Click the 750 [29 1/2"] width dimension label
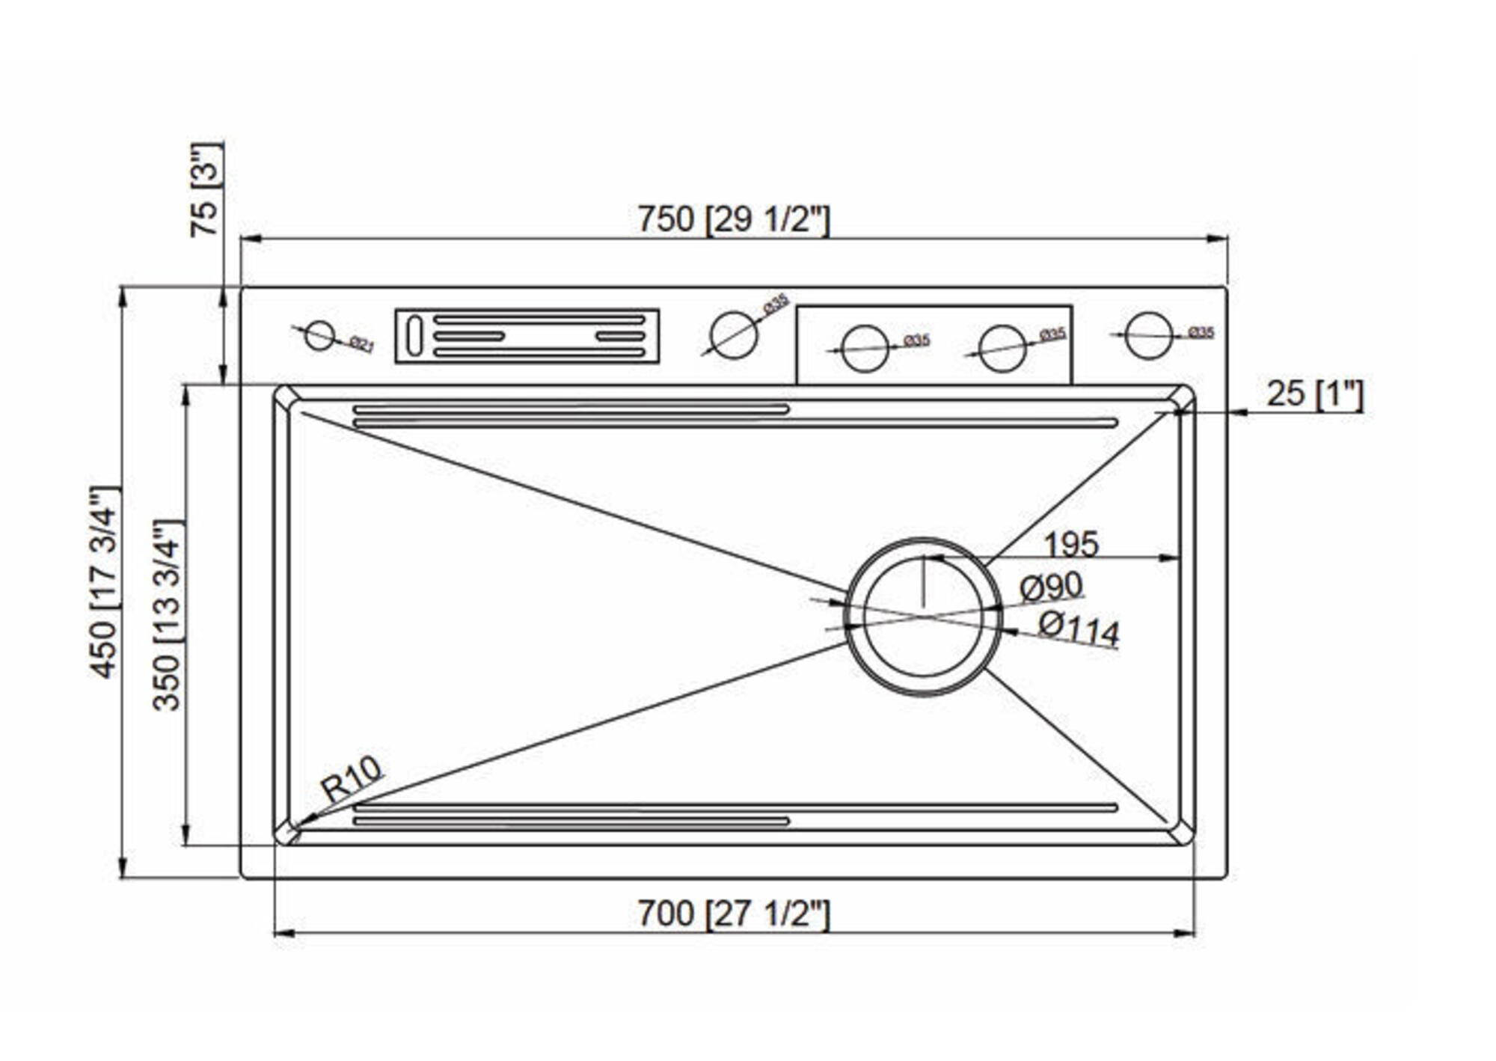click(733, 220)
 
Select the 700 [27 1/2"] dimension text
click(733, 914)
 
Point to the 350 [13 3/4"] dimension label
click(168, 615)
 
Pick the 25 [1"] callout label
click(1314, 394)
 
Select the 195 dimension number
click(1070, 544)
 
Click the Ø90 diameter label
click(1051, 587)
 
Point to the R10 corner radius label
click(351, 777)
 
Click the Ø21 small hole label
click(362, 344)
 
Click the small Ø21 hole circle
click(320, 335)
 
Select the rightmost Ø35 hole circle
click(1148, 335)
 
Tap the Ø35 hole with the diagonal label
click(734, 335)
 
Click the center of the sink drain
click(923, 617)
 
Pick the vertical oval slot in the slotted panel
click(414, 336)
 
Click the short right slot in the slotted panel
click(620, 336)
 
